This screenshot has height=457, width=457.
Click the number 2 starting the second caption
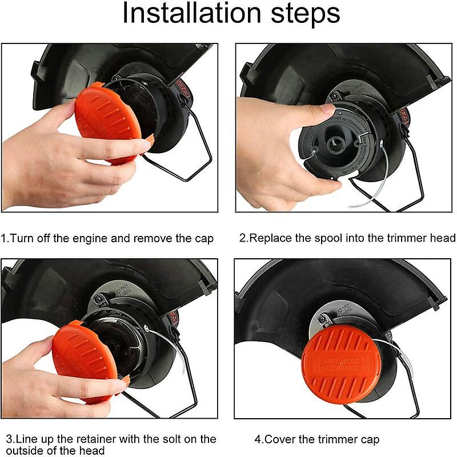click(242, 238)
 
